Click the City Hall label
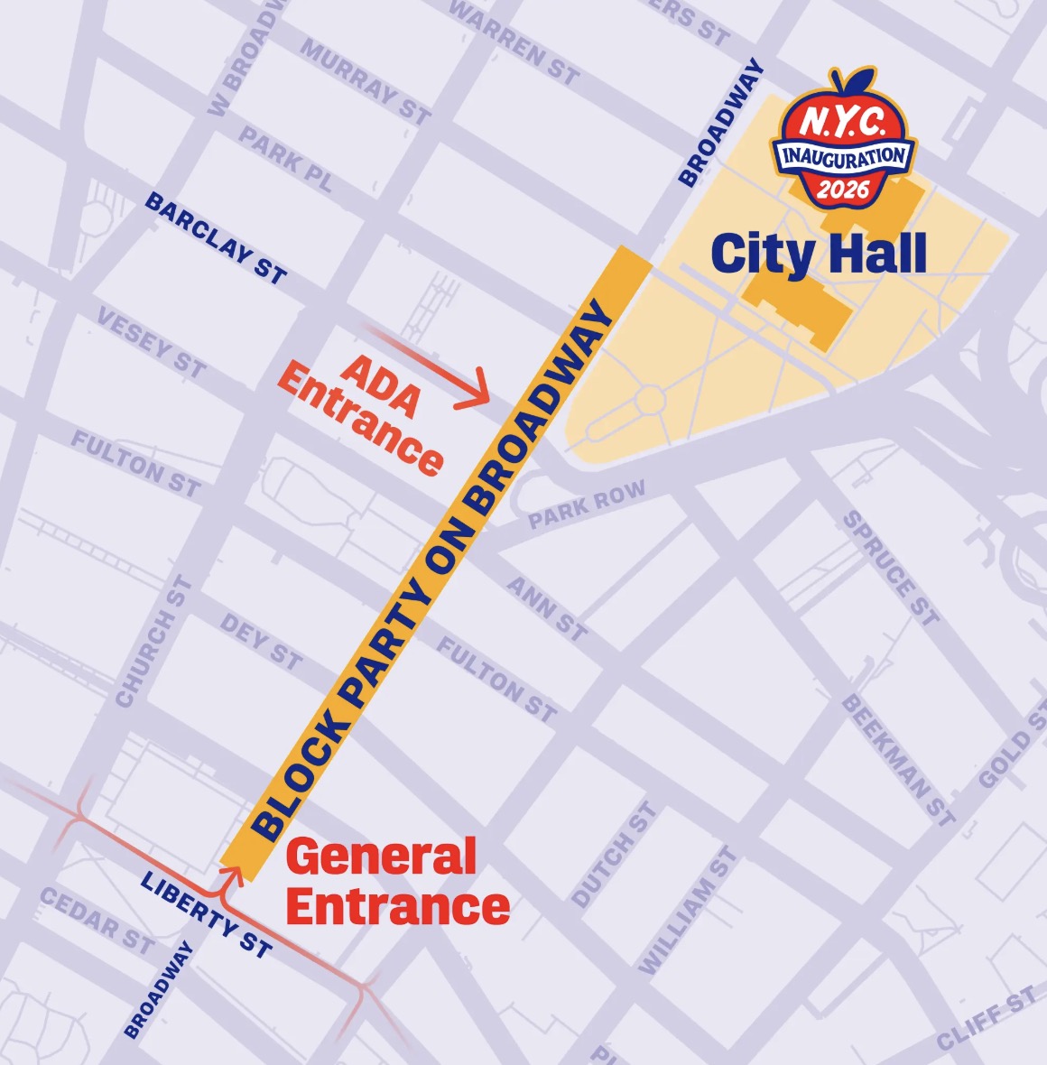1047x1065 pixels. [819, 254]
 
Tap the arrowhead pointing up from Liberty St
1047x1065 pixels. [233, 872]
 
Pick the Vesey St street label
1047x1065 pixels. [152, 343]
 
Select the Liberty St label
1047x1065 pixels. [206, 914]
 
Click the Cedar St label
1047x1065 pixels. [97, 920]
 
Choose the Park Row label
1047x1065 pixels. [587, 505]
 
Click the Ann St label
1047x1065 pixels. [547, 608]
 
